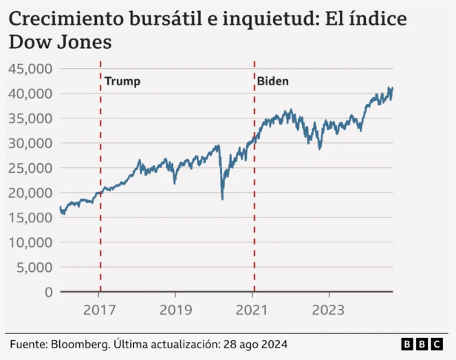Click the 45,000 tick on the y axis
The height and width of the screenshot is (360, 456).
pos(30,68)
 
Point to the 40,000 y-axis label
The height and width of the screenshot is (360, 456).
pos(30,93)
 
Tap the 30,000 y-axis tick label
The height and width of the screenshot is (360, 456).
pos(30,143)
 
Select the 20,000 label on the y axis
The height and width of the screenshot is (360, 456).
pos(30,193)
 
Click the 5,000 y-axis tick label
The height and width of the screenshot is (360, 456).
pos(34,267)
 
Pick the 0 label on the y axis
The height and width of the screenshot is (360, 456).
pos(48,292)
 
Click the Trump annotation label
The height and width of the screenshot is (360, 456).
pos(122,81)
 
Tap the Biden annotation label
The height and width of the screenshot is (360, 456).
pos(273,81)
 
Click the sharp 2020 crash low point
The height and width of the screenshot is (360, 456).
pos(222,199)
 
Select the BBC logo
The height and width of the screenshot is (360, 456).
pos(422,343)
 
